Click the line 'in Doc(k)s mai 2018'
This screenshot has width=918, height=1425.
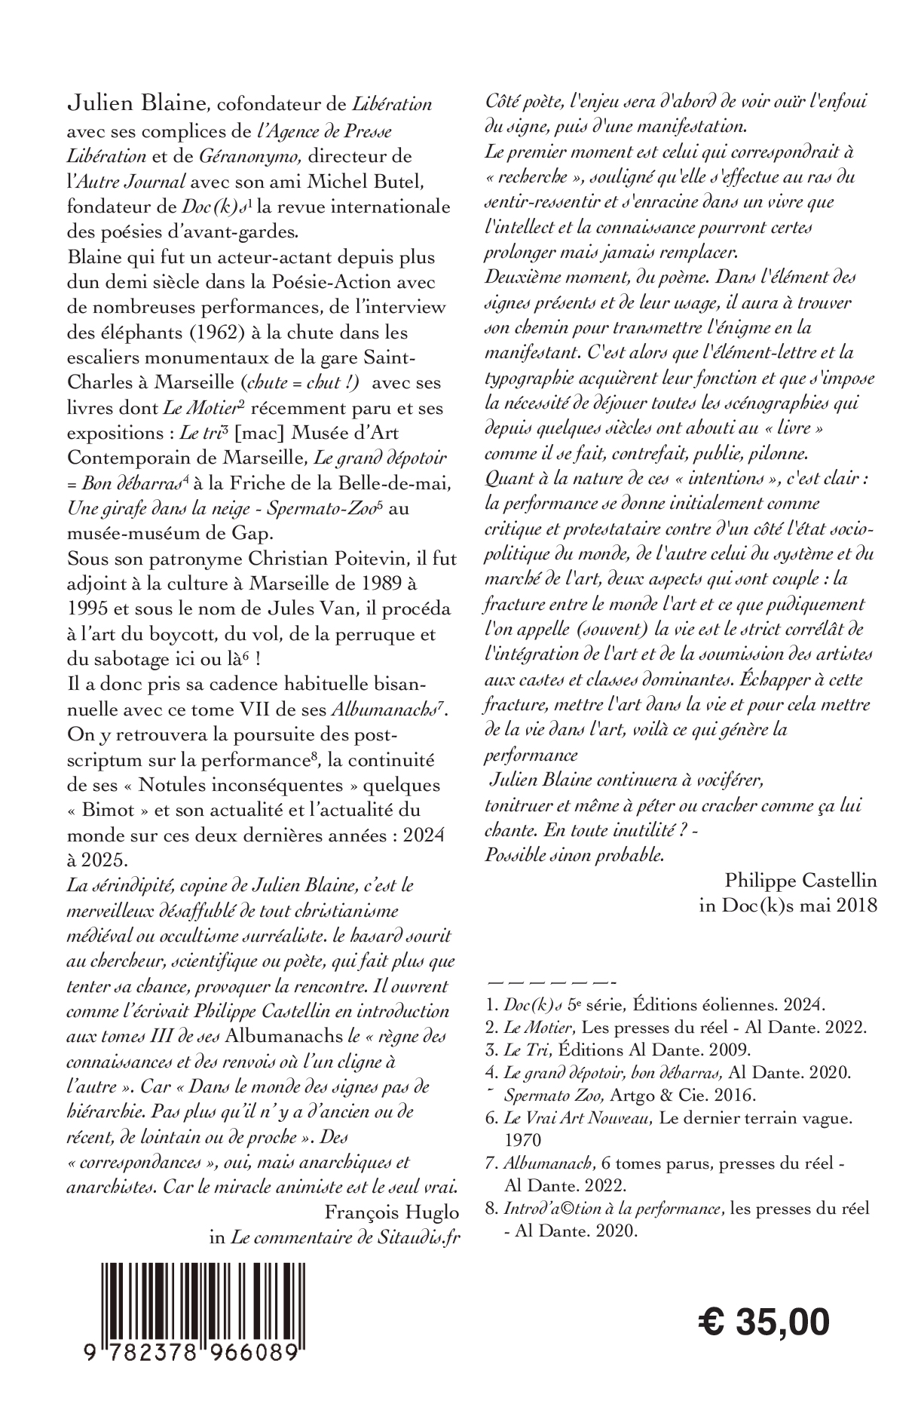click(788, 906)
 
